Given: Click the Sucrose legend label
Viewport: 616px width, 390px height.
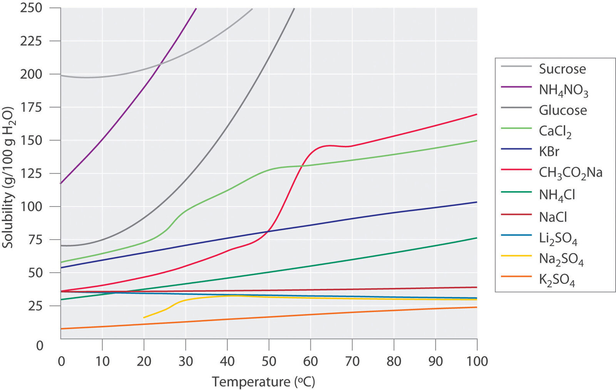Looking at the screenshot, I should pos(562,69).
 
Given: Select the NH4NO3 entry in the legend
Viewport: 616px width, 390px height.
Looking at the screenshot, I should pos(563,90).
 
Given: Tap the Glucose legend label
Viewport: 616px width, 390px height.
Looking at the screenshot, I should pos(563,111).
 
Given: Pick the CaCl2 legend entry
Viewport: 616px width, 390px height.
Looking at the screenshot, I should pos(555,132).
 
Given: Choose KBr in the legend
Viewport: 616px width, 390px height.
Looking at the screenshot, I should pos(549,152).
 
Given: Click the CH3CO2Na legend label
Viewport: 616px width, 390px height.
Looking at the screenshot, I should pos(570,173).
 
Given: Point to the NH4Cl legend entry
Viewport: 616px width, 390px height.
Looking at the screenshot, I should pos(557,195).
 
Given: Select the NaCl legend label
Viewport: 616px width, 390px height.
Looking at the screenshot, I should pos(553,217).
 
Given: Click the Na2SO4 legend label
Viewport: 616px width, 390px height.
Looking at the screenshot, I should pos(561,260).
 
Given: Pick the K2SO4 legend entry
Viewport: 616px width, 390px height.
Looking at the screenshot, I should pos(557,280).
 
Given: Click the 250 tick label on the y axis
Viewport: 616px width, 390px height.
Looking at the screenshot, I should pos(31,8).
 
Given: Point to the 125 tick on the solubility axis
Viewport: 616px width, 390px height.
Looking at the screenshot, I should pos(31,173).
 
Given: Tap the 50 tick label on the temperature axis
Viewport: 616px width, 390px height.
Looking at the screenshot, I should pos(269,362).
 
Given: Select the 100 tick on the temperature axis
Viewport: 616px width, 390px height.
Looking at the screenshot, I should pos(477,362).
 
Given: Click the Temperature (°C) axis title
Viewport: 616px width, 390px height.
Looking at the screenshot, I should pos(263,382).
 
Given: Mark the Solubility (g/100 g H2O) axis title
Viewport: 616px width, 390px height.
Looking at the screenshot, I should pos(8,177).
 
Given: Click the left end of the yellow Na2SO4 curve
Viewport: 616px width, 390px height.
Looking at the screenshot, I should pos(144,317).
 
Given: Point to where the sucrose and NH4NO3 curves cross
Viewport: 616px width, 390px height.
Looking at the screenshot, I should pos(160,63).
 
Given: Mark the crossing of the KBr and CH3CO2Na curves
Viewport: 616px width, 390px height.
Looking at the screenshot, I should pos(268,232).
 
